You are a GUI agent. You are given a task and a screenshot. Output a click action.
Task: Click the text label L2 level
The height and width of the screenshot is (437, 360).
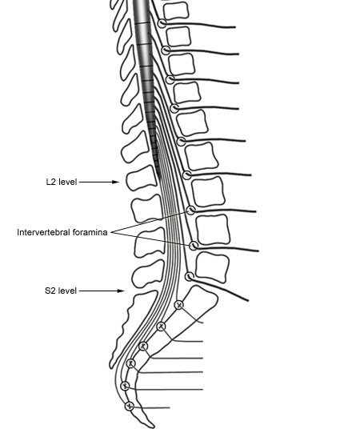[62, 182]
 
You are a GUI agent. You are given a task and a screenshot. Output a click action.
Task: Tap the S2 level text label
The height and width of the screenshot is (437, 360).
[61, 291]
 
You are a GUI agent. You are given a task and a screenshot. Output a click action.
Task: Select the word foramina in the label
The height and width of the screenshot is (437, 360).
[90, 232]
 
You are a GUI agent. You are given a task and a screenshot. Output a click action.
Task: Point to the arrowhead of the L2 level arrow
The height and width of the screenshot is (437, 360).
[116, 182]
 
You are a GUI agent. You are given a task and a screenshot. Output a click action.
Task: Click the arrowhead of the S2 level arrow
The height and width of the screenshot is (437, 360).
[121, 291]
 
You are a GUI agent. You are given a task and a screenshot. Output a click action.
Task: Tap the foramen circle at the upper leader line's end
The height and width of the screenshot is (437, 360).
[191, 210]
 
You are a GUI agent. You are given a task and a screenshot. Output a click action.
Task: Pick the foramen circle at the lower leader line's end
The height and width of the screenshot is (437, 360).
[194, 246]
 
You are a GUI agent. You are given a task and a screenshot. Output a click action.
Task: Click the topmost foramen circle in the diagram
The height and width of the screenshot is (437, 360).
[162, 23]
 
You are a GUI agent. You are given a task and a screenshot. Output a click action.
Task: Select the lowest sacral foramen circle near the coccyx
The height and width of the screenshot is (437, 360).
[129, 406]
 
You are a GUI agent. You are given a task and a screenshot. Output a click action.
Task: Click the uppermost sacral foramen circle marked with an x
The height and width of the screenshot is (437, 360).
[179, 305]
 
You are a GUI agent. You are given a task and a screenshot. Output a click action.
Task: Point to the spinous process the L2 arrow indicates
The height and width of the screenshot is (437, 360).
[142, 178]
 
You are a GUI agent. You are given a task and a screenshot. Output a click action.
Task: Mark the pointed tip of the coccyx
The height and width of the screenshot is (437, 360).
[153, 427]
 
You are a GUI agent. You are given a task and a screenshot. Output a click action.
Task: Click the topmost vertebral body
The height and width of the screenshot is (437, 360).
[175, 10]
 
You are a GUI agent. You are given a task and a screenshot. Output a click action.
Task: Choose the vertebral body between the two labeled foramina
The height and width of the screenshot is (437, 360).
[213, 230]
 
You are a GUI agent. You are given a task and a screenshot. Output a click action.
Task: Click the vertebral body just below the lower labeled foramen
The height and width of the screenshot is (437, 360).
[212, 267]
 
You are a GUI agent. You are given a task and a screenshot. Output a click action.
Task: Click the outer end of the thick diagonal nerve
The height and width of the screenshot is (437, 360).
[248, 301]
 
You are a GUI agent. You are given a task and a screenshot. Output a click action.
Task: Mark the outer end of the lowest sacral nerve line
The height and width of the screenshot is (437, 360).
[170, 407]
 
